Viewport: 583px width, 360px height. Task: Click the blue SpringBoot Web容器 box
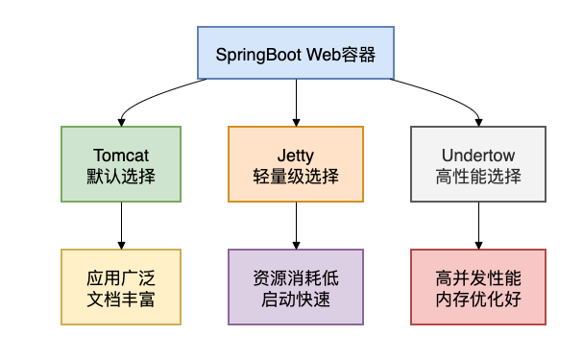[x=296, y=53]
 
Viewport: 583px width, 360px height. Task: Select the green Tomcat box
[x=121, y=164]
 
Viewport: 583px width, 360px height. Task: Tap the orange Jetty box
[x=296, y=164]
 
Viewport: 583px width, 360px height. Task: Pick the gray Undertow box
[x=478, y=164]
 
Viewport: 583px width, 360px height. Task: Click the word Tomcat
[x=121, y=155]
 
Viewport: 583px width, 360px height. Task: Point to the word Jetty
[x=296, y=155]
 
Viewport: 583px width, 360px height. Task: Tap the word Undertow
[x=478, y=155]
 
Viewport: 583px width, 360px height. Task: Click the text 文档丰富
[x=121, y=299]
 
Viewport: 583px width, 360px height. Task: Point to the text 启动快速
[x=296, y=299]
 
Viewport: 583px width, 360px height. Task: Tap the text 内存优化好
[x=478, y=299]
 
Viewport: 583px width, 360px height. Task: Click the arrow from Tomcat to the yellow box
[x=121, y=226]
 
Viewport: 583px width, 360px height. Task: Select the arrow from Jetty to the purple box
[x=296, y=226]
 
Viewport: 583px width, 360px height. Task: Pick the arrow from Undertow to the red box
[x=478, y=226]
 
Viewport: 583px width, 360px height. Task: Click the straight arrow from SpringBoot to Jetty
[x=296, y=102]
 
